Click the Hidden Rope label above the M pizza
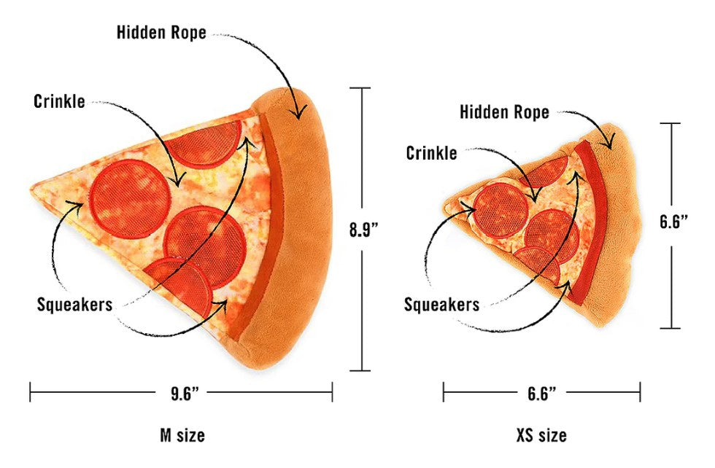click(161, 32)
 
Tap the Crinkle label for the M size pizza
click(59, 101)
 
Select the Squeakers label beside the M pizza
click(74, 305)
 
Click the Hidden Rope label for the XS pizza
click(504, 112)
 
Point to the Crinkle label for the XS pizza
click(431, 153)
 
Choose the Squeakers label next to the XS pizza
click(442, 305)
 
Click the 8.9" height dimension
click(364, 229)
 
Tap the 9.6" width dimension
click(185, 393)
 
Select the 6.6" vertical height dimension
click(673, 222)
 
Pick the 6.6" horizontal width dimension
click(541, 393)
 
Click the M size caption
click(182, 435)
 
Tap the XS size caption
click(541, 435)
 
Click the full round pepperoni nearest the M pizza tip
click(130, 199)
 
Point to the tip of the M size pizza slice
click(31, 187)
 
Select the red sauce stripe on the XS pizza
click(589, 219)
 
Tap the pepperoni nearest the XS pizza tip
click(500, 210)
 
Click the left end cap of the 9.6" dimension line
click(30, 392)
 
